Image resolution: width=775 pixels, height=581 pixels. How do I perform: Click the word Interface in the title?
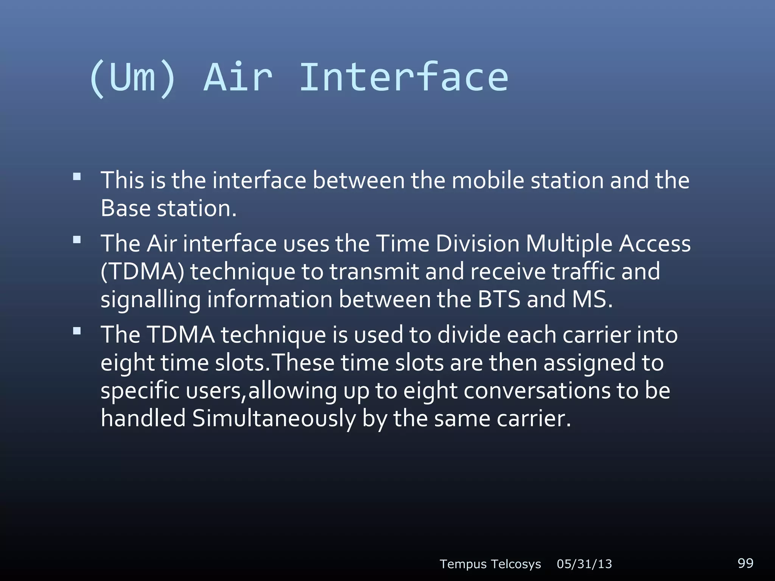coord(403,78)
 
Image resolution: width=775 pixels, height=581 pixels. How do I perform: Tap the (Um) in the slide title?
coord(132,78)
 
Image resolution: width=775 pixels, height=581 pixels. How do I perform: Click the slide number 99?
coord(745,563)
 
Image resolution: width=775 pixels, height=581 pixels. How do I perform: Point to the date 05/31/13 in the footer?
coord(584,564)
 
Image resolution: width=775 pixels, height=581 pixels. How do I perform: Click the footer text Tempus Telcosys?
coord(490,564)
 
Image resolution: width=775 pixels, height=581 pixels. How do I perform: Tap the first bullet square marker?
coord(77,176)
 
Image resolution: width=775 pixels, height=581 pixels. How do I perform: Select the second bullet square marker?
coord(77,239)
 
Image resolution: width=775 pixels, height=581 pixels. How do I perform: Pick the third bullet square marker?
coord(77,331)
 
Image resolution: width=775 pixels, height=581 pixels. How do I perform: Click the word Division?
coord(478,243)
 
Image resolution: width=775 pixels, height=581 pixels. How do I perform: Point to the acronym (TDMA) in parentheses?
coord(142,272)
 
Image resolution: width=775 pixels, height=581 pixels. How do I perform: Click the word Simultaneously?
coord(274,419)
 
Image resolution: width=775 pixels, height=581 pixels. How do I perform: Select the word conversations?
coord(537,391)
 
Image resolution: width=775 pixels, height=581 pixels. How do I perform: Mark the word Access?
coord(655,243)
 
